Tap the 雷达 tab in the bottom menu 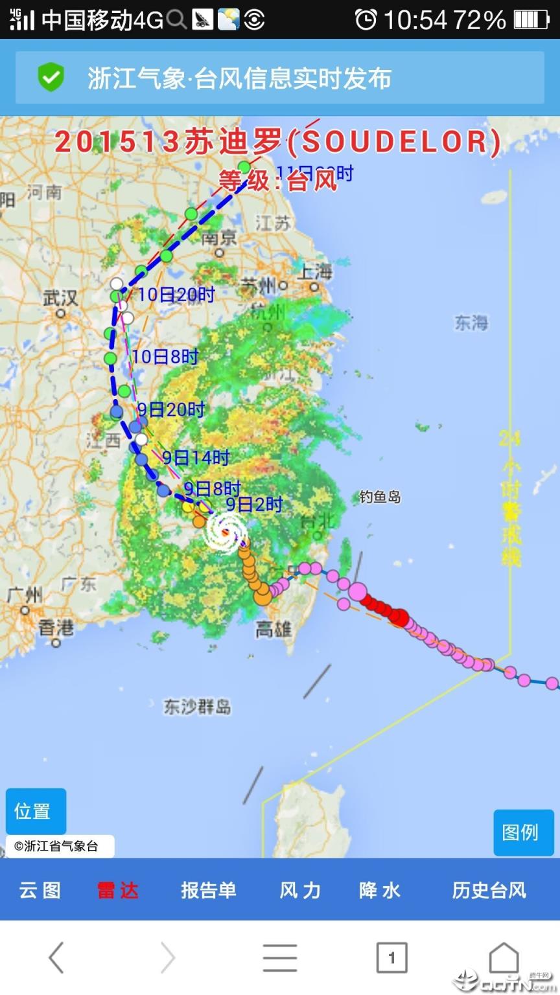(117, 890)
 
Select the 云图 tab (40, 890)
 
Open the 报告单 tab (208, 890)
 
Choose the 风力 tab (299, 890)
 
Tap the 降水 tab (379, 890)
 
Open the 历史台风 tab (489, 890)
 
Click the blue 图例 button (520, 832)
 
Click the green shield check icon (51, 78)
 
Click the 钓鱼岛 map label (380, 497)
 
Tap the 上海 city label (315, 272)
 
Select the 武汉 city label (60, 298)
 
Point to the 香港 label (56, 628)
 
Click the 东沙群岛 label (197, 706)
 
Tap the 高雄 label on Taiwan (274, 629)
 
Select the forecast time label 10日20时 (176, 295)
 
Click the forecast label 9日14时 (196, 458)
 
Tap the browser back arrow (56, 957)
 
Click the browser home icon (504, 957)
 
